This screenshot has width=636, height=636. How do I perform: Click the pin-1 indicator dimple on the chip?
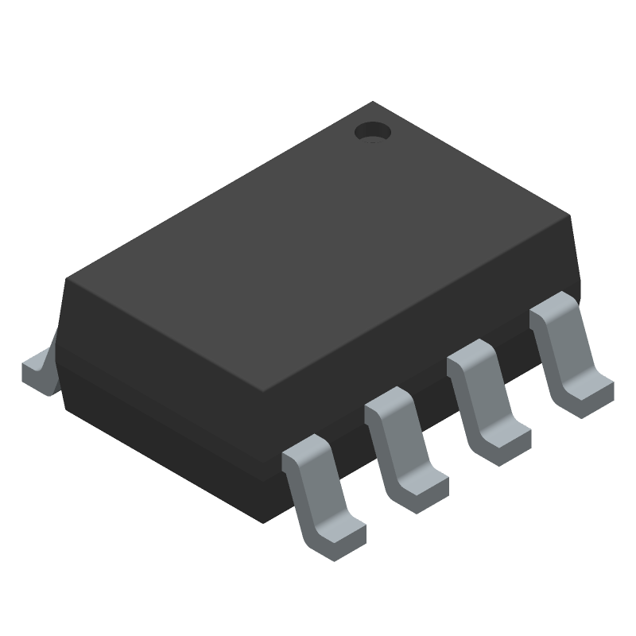pos(372,132)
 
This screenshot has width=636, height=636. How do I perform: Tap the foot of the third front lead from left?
pos(504,441)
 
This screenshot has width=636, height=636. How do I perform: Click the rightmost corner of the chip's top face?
pos(571,215)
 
